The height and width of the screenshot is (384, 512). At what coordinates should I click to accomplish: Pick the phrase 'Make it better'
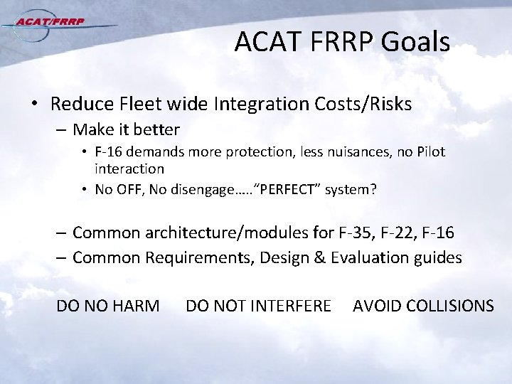[126, 130]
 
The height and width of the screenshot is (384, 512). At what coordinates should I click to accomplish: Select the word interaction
[129, 169]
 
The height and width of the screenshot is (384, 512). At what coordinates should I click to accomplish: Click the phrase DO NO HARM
[107, 306]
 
